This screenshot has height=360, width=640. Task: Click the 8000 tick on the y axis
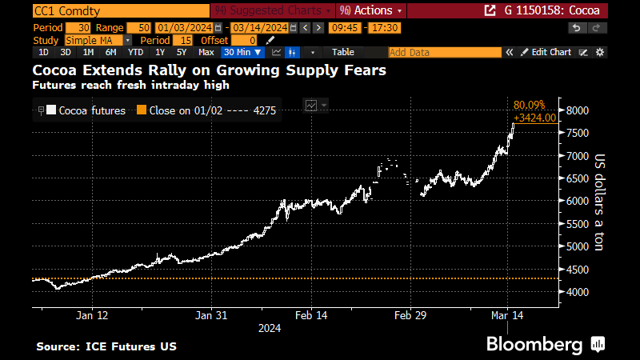tap(578, 110)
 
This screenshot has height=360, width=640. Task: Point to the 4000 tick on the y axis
tap(578, 292)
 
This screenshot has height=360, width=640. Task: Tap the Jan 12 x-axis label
tap(92, 315)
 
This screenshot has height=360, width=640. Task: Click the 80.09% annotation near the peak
tap(528, 104)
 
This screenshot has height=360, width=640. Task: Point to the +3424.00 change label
tap(534, 117)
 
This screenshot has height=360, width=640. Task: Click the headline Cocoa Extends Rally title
tap(209, 70)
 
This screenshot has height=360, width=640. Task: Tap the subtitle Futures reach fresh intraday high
tap(130, 85)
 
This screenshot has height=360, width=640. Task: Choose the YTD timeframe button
tap(136, 52)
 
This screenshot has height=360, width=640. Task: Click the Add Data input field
tap(444, 52)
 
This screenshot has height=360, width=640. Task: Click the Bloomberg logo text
tap(535, 345)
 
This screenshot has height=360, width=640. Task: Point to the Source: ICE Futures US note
tap(106, 346)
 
